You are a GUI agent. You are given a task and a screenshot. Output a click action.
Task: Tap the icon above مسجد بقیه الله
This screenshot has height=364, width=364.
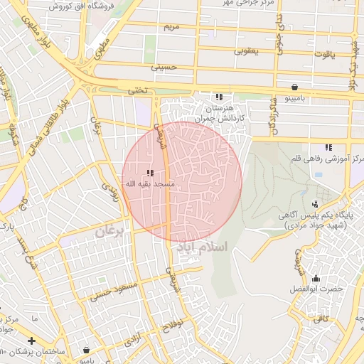pos(150,173)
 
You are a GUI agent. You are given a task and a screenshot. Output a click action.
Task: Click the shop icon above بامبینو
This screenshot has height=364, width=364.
pos(294,87)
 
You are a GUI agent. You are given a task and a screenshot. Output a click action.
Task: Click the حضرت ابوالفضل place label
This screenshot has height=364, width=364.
pos(316,289)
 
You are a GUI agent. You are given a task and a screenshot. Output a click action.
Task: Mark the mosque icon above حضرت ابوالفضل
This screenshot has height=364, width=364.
pos(315,279)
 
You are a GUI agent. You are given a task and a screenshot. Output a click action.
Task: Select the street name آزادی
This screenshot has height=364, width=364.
pos(133,341)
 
